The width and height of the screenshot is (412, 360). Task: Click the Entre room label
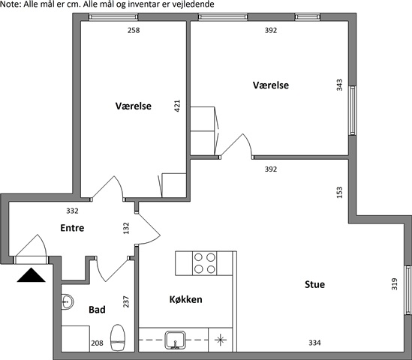click(x=72, y=228)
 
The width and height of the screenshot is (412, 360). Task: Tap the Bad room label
click(x=97, y=310)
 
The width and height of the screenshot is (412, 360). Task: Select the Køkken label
click(x=186, y=299)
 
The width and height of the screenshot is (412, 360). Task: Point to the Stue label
click(x=314, y=284)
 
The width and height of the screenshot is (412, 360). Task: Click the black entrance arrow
click(x=31, y=275)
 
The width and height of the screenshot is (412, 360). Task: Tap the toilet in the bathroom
click(x=118, y=337)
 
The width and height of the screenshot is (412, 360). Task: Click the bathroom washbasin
click(x=68, y=301)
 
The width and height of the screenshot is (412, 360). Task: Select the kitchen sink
click(x=176, y=340)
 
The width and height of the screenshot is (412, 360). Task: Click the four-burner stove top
click(x=204, y=263)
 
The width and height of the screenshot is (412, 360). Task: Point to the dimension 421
click(x=177, y=106)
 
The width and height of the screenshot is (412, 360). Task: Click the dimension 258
click(x=134, y=31)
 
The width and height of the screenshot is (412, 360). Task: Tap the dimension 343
click(x=339, y=85)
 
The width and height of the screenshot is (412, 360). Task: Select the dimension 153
click(x=339, y=192)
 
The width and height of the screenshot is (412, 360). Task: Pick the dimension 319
click(x=395, y=284)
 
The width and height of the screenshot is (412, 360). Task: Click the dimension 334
click(x=314, y=343)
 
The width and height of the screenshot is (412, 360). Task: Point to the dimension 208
click(x=97, y=343)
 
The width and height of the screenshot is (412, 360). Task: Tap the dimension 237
click(x=126, y=301)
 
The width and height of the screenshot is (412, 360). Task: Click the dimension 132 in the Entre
click(x=126, y=228)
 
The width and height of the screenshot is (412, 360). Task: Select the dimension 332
click(x=72, y=211)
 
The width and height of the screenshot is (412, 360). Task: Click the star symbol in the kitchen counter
click(x=220, y=340)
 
